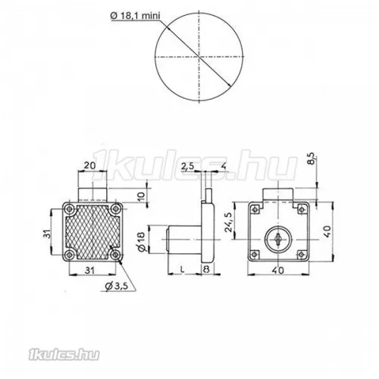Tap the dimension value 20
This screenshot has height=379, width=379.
91,164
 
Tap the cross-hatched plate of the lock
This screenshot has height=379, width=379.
91,232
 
